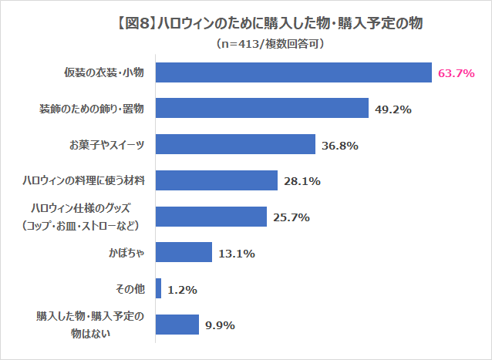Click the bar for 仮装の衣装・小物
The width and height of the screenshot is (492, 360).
tap(293, 72)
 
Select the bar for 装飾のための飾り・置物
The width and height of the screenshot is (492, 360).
tap(262, 109)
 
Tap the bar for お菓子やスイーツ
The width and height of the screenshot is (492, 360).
tap(236, 145)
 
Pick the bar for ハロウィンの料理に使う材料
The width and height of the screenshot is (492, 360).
tap(217, 180)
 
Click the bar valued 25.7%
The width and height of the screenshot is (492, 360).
tap(211, 217)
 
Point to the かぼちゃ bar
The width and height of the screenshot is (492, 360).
tap(184, 252)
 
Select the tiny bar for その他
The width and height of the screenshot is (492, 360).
tap(159, 288)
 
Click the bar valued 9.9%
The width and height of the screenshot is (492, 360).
tap(177, 325)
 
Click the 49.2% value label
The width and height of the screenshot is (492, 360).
tap(393, 109)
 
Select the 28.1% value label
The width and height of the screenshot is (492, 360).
tap(302, 181)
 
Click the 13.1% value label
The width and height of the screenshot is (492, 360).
tap(236, 253)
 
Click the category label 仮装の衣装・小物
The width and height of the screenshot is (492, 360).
tap(105, 73)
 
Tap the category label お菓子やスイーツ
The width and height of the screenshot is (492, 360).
tap(107, 145)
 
